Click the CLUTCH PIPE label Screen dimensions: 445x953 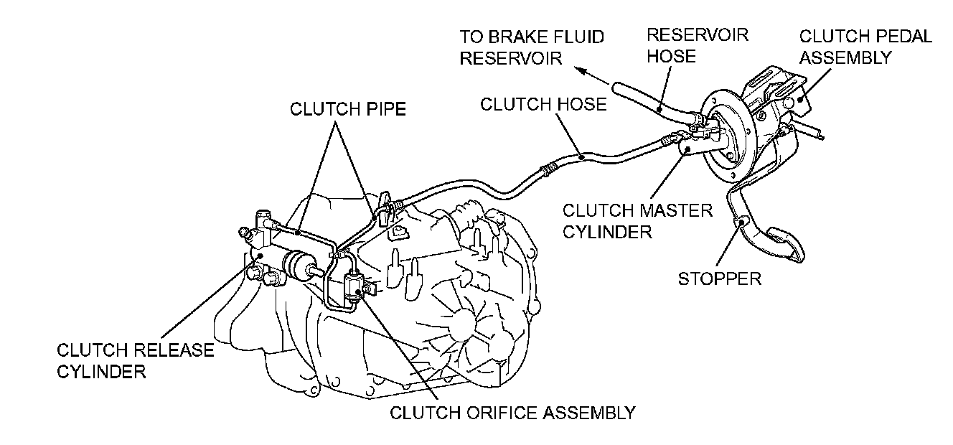pyautogui.click(x=348, y=109)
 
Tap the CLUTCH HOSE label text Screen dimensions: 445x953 pyautogui.click(x=543, y=105)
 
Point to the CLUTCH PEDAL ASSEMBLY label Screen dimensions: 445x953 pyautogui.click(x=865, y=47)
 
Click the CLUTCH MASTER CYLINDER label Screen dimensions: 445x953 pyautogui.click(x=637, y=221)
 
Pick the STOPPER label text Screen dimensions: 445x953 pyautogui.click(x=719, y=278)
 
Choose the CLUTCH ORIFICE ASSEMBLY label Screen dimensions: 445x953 pyautogui.click(x=512, y=413)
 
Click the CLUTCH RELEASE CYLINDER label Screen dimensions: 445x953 pyautogui.click(x=135, y=360)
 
